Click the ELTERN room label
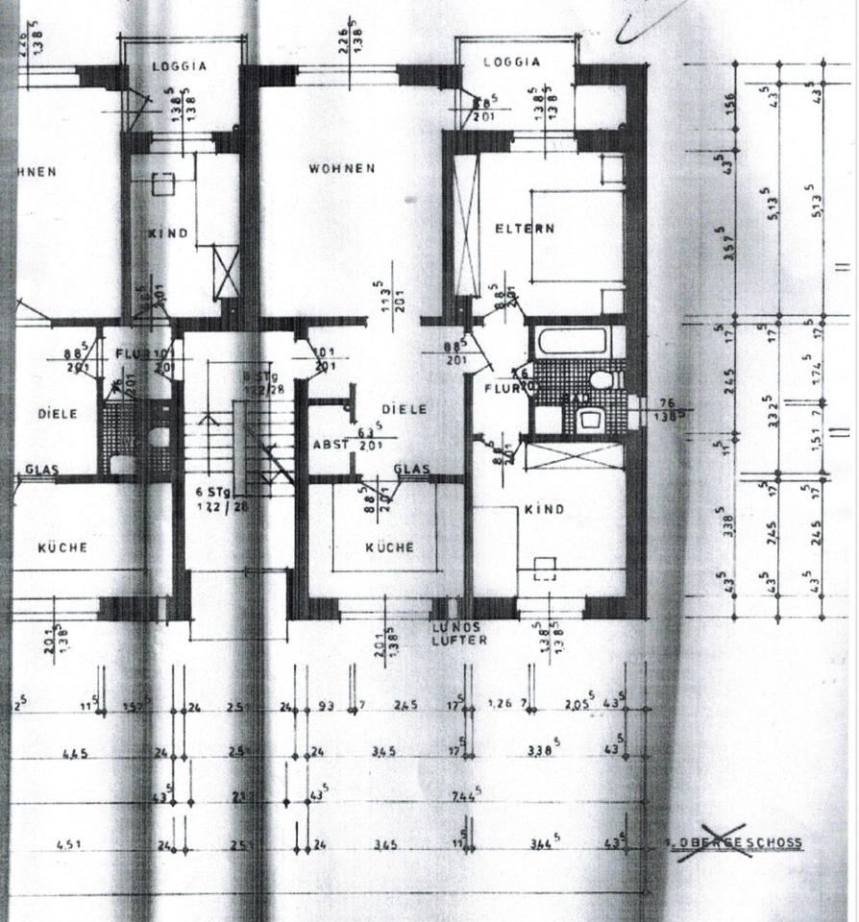[x=525, y=229]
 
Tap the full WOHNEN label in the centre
[x=341, y=169]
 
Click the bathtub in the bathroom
[x=573, y=341]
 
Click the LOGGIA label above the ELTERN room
[x=511, y=61]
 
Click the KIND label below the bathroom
[x=544, y=509]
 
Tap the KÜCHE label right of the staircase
[x=389, y=547]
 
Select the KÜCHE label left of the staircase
[x=62, y=548]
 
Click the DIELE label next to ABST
[x=403, y=408]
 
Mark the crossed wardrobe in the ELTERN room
[x=466, y=226]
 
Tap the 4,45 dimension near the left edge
[x=75, y=753]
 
